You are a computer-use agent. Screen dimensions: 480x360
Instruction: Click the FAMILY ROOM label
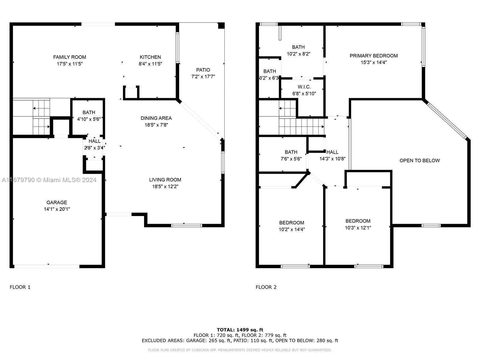coord(70,57)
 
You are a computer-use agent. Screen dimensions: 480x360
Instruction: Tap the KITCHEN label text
coord(150,57)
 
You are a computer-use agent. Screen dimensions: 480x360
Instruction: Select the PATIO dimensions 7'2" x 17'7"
coord(203,76)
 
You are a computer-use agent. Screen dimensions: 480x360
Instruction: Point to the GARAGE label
coord(57,202)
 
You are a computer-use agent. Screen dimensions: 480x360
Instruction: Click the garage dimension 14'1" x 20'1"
coord(57,209)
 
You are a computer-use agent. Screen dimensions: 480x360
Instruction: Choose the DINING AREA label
coord(156,118)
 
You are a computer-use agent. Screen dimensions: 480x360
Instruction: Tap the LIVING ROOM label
coord(165,180)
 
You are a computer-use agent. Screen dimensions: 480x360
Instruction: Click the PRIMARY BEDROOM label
coord(373,56)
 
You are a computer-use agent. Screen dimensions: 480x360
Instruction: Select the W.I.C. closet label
coord(304,87)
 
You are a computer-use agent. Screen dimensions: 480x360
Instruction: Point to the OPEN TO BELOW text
coord(419,160)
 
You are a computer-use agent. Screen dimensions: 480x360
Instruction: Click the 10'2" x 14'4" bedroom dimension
coord(292,229)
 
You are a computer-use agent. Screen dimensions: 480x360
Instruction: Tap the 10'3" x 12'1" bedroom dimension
coord(358,228)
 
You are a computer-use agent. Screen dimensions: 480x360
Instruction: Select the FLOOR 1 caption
coord(20,287)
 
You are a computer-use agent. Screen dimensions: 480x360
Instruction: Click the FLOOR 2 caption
coord(266,287)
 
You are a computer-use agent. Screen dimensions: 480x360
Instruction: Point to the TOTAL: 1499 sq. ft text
coord(240,330)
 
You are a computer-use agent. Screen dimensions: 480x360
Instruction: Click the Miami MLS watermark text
coord(49,180)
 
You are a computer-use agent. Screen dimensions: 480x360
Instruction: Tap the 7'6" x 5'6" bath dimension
coord(291,159)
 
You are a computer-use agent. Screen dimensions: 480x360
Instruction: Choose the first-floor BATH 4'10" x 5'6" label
coord(89,115)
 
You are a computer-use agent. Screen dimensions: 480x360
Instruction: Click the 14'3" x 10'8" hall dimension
coord(332,159)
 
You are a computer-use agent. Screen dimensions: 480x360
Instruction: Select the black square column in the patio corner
coord(221,25)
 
